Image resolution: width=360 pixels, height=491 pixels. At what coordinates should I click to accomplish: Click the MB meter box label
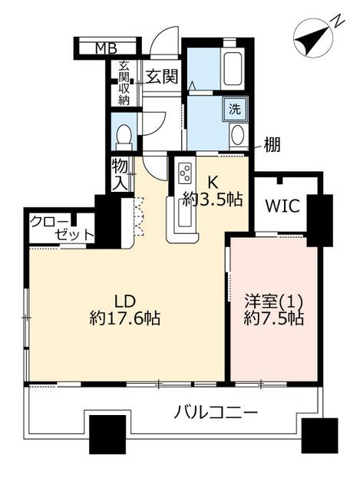pos(106,48)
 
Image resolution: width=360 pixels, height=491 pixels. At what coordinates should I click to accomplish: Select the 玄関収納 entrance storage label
pos(124,83)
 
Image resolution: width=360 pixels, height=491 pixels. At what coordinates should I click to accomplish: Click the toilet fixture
pos(124,137)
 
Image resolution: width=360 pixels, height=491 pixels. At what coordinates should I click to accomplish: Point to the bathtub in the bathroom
pos(232,68)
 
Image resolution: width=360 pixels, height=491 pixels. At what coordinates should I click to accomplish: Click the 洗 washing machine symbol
pos(234,109)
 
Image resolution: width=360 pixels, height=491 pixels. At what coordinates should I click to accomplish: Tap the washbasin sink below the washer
pos(238,136)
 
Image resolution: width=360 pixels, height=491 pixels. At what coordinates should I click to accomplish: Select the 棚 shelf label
pos(272,145)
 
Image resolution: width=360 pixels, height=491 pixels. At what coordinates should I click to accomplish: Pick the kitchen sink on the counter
pos(184,213)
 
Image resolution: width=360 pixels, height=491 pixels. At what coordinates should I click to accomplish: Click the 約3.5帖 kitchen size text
pos(213,199)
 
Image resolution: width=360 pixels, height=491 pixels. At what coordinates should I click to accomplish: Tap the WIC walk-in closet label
pos(282,206)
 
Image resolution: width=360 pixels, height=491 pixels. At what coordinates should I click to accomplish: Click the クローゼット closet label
pos(62,229)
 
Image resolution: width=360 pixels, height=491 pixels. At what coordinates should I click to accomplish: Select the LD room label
pos(124,302)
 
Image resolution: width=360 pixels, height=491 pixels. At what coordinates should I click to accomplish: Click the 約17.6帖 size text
pos(124,318)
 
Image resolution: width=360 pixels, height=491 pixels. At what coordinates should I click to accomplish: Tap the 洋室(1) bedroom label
pos(273,302)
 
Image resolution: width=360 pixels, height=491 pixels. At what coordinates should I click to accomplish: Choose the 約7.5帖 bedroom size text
pos(273,319)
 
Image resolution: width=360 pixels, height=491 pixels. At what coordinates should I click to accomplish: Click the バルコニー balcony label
pos(216,413)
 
